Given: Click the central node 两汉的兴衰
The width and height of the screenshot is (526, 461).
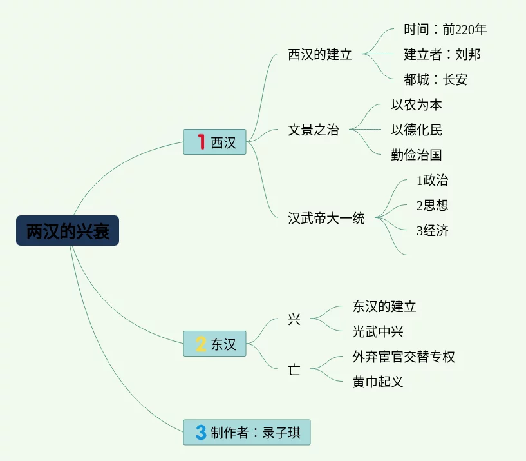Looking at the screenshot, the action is point(68,231).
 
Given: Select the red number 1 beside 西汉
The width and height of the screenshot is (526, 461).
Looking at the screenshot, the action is point(201,142).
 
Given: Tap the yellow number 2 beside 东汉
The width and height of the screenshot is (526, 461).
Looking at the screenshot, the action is point(201,344).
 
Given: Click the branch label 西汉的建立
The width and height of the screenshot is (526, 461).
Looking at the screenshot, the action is point(320,55).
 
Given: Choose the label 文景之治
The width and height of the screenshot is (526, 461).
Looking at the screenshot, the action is point(314,130).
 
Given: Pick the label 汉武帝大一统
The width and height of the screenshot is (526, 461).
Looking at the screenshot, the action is point(326,218).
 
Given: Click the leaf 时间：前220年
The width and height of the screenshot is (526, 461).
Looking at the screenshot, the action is point(446,30).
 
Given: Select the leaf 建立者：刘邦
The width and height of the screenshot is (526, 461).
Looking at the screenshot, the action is point(442,55).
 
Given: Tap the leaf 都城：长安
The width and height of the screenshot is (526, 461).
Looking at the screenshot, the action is point(436,80).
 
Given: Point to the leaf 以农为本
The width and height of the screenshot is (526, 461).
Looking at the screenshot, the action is point(417,105).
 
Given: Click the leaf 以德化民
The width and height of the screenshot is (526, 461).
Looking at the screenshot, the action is point(417,130).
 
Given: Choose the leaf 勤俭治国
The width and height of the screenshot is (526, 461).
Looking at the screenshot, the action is point(417,155).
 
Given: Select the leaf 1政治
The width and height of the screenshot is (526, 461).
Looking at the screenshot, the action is point(433,181).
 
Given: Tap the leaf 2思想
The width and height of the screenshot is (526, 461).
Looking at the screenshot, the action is point(433,206).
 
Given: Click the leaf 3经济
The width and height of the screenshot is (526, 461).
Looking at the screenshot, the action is point(433,231).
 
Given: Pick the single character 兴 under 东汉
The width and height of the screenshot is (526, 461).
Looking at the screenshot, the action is point(294,319).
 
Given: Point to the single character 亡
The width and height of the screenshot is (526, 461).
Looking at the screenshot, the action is point(294,369).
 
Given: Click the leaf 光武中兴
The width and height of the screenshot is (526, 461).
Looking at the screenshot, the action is point(378,332).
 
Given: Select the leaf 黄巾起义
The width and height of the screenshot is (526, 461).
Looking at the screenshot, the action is point(378,382).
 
